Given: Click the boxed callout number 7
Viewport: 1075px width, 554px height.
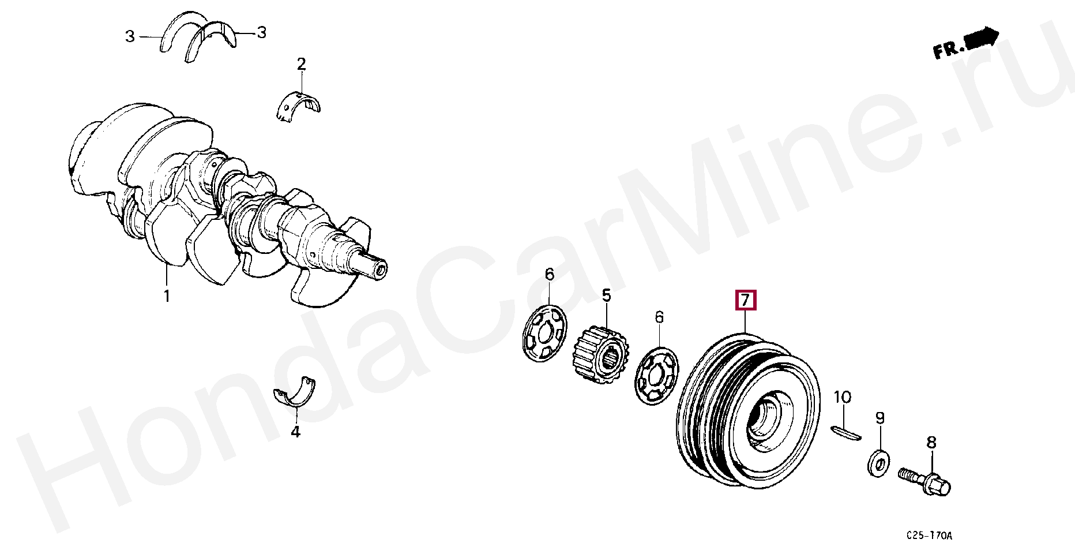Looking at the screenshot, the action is click(x=745, y=300).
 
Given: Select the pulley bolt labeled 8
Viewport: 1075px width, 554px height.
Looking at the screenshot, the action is click(x=924, y=482).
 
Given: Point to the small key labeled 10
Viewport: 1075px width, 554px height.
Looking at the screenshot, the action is click(x=846, y=432).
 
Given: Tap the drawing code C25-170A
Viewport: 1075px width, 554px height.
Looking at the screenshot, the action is click(x=929, y=536).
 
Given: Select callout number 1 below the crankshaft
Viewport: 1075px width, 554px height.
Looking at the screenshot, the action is click(x=167, y=296).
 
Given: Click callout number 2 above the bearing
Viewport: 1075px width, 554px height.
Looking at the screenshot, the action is click(x=301, y=64).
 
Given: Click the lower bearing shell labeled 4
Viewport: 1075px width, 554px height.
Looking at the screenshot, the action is click(x=295, y=392).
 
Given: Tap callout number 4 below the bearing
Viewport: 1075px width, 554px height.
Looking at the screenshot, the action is click(x=295, y=432).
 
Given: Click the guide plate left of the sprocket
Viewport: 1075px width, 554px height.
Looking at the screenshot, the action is click(x=544, y=334).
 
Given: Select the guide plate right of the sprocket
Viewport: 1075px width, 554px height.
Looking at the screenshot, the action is click(x=656, y=376).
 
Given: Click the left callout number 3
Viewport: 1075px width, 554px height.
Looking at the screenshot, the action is click(x=130, y=36).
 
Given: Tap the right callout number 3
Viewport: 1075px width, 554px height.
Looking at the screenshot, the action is click(x=262, y=32).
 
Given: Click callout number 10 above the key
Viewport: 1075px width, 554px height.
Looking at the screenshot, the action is click(x=843, y=397).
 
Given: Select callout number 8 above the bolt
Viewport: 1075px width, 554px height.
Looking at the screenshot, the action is click(x=931, y=443).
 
